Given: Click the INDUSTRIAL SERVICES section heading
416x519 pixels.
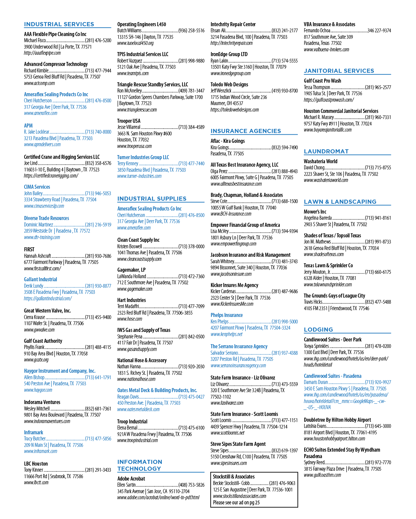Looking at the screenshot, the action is pos(59,24).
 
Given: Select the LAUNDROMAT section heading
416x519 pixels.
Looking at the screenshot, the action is pos(326,151).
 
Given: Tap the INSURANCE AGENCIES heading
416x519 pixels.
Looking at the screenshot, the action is pos(246,131).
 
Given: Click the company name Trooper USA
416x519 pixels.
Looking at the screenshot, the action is pos(129,121).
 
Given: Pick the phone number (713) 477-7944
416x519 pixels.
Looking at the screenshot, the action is pos(98,71).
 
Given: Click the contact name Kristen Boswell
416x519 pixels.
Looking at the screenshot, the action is pos(129,247).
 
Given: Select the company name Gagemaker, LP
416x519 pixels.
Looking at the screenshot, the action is pos(131,270).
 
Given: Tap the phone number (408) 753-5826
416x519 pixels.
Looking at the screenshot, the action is pos(191,485).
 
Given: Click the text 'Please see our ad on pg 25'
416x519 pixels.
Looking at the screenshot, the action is pos(236,503).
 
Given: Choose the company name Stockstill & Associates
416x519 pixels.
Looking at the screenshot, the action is pos(233,476).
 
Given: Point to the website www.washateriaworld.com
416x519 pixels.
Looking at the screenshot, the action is pos(326,180).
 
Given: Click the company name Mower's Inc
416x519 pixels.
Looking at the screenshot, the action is pos(315,212).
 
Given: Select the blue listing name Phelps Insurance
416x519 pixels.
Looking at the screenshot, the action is pos(227,315).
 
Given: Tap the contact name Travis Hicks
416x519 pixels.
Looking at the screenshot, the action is pos(313,302).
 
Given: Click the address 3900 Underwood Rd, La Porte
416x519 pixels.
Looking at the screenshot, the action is pos(58,47).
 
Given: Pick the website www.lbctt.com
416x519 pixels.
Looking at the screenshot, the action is pos(36,483).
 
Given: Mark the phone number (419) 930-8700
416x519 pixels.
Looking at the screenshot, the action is pos(285,91).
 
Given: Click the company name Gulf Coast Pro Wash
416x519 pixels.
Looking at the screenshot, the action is pos(322,81).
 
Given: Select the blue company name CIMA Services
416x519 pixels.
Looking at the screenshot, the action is pos(37,187).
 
